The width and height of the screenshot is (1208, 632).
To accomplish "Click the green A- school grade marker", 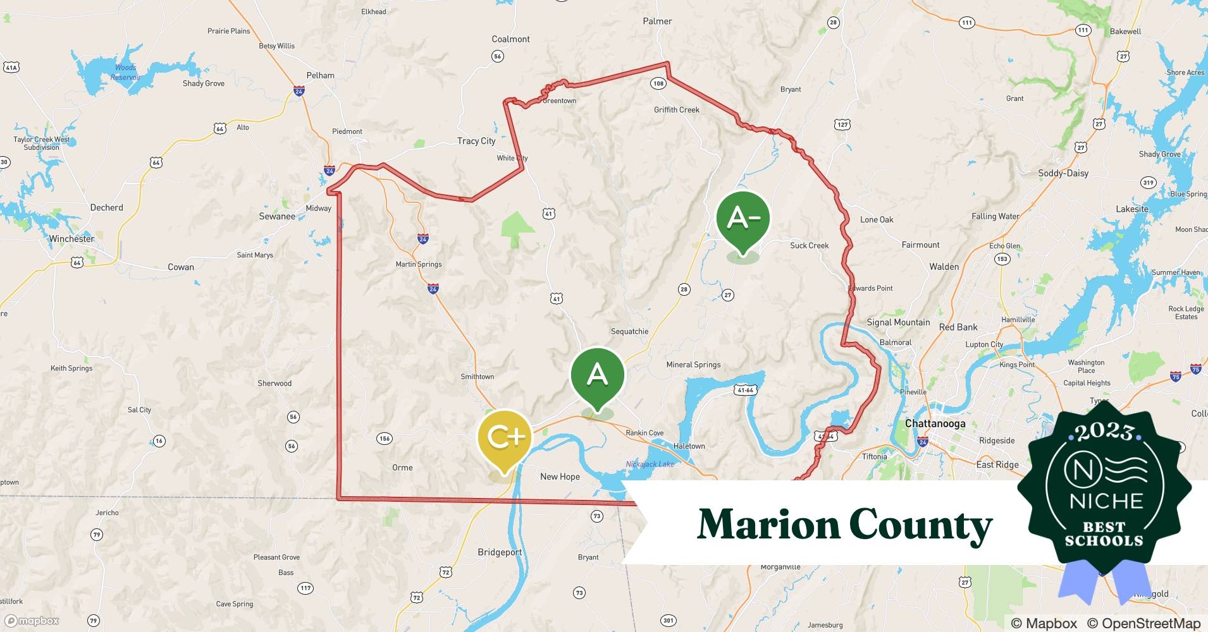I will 743,219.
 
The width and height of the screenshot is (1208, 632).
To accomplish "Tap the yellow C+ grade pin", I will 504,437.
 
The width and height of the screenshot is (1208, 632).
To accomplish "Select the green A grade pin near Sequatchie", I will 597,375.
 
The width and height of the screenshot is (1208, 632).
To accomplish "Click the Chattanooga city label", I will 935,423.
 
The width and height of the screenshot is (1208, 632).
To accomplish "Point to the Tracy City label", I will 476,141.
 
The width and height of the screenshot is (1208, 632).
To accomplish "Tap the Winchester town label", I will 71,239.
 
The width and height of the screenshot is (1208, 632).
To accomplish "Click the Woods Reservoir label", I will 125,72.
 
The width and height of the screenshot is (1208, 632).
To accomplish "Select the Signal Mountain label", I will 898,322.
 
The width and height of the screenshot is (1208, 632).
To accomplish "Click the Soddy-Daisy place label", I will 1063,173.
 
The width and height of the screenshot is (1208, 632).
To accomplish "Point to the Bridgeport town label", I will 500,552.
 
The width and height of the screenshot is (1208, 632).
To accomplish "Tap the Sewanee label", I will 277,216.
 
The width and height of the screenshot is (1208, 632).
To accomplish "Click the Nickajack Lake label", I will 650,464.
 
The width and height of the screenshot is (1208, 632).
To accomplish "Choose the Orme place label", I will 402,468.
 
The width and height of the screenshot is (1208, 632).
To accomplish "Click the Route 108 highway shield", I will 658,83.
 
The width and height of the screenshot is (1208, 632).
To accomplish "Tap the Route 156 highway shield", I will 384,438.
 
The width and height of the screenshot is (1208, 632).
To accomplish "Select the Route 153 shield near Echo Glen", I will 1002,258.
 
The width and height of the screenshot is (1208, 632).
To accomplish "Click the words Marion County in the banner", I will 844,525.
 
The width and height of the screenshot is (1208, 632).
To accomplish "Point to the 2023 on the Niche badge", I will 1104,432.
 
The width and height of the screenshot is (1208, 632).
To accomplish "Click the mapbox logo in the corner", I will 32,621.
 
